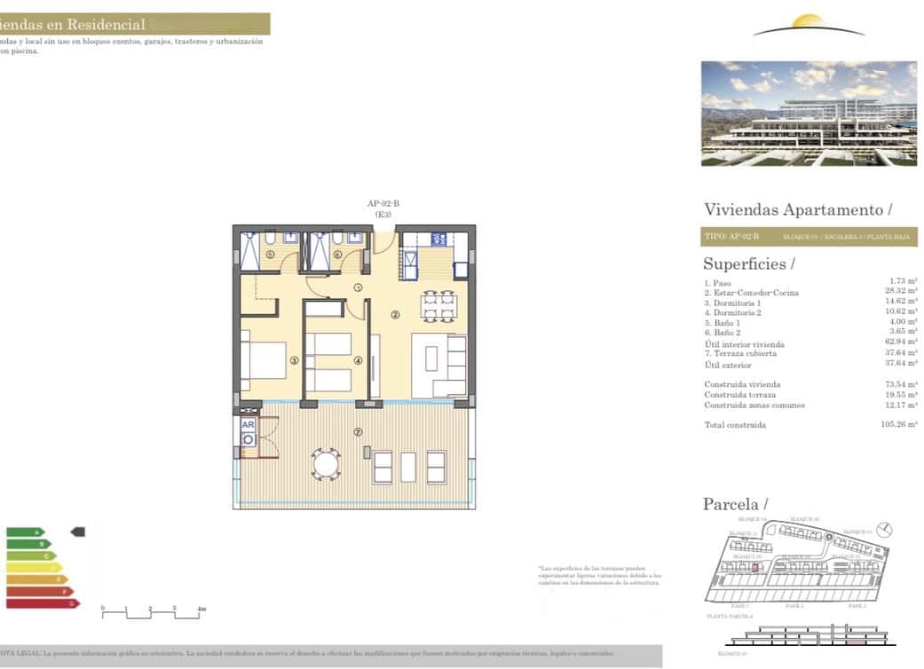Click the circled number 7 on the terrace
tap(358, 432)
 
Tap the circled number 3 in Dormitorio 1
tap(293, 361)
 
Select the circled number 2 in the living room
tap(396, 314)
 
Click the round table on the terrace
tap(326, 463)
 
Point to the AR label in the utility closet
tap(249, 425)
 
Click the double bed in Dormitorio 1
tap(265, 360)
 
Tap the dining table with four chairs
tap(438, 305)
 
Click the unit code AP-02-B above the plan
tap(383, 204)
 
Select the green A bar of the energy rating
tap(25, 532)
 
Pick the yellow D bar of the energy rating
tap(34, 568)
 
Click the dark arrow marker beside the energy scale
tap(77, 532)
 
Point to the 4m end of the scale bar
tap(202, 610)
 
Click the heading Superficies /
tap(748, 264)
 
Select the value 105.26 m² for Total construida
tap(899, 425)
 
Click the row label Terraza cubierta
tap(744, 354)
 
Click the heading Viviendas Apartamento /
tap(797, 209)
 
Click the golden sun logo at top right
tap(809, 21)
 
